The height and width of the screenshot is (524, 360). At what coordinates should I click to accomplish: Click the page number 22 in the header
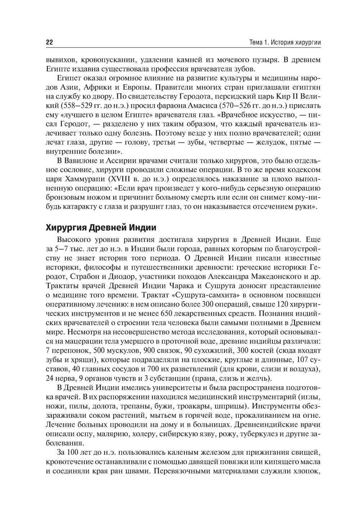50,42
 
